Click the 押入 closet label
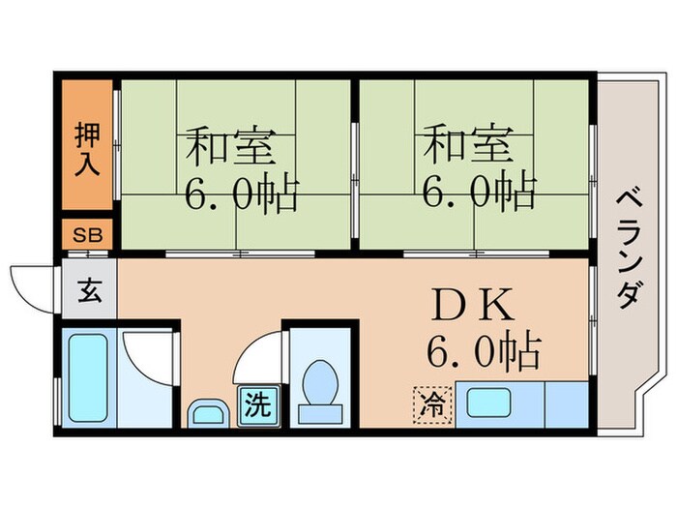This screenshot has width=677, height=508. [88, 148]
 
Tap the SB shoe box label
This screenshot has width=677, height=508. [88, 235]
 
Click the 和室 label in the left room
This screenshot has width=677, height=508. [230, 147]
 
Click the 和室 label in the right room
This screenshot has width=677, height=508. [468, 147]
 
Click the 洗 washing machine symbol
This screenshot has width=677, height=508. [257, 404]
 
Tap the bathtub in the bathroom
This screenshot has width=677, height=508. [86, 376]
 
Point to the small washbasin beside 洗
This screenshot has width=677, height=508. [205, 414]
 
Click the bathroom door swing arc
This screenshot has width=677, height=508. [148, 358]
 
